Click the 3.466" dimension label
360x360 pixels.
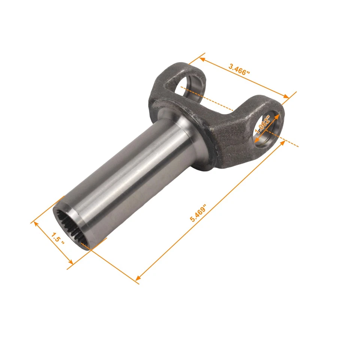[239, 70]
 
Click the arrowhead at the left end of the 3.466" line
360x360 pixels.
[201, 58]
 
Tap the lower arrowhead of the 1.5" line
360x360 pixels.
[71, 264]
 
